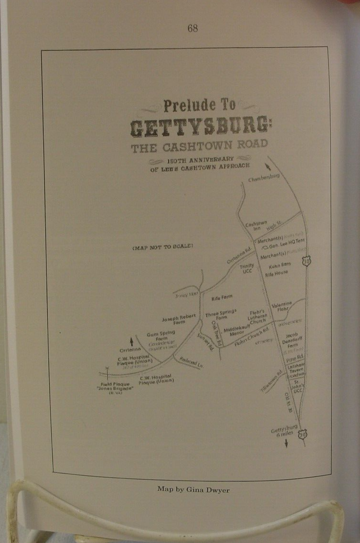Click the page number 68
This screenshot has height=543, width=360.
(192, 29)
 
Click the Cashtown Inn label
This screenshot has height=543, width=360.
(253, 226)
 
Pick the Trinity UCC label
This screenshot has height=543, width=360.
(247, 268)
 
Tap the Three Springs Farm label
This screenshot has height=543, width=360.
(221, 314)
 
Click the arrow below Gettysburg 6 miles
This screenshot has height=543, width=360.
(286, 444)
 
